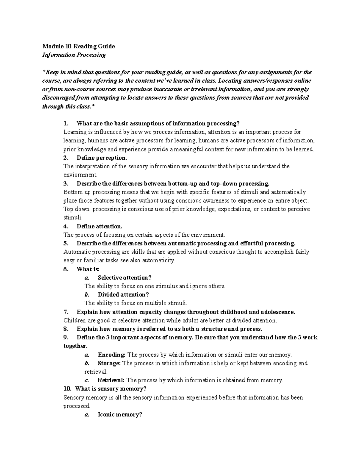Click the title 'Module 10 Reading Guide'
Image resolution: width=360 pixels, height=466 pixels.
(x=79, y=46)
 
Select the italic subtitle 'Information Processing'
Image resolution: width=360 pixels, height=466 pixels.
(x=74, y=55)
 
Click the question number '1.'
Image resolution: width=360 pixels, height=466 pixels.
(x=66, y=123)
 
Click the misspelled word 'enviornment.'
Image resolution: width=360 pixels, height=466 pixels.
(x=80, y=175)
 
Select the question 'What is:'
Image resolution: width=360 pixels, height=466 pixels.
(x=88, y=269)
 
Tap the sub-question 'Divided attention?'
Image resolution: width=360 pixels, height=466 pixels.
(x=123, y=295)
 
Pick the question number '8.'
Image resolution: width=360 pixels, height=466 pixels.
(x=66, y=329)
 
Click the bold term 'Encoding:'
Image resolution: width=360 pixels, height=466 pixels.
(x=112, y=355)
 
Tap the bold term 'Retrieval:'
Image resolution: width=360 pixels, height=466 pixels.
(x=111, y=380)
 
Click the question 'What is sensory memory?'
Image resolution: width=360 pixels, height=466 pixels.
(x=110, y=389)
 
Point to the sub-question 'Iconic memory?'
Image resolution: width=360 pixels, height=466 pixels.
(x=120, y=415)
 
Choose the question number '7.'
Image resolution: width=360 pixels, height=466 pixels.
(x=66, y=312)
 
